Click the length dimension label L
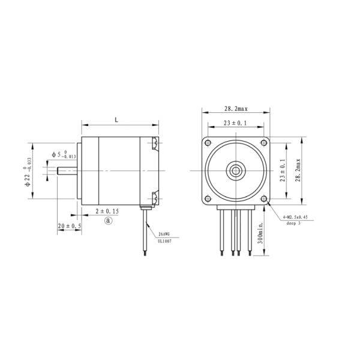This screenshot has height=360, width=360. click(116, 120)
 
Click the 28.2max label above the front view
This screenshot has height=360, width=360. click(236, 109)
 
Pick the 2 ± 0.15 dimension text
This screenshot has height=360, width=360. click(108, 212)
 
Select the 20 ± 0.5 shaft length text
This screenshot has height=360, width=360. click(70, 226)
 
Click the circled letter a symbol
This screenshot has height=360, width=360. click(109, 220)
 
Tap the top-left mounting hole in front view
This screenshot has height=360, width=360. click(208, 143)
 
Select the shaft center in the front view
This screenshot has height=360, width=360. click(236, 170)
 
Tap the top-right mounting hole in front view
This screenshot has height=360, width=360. click(264, 143)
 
